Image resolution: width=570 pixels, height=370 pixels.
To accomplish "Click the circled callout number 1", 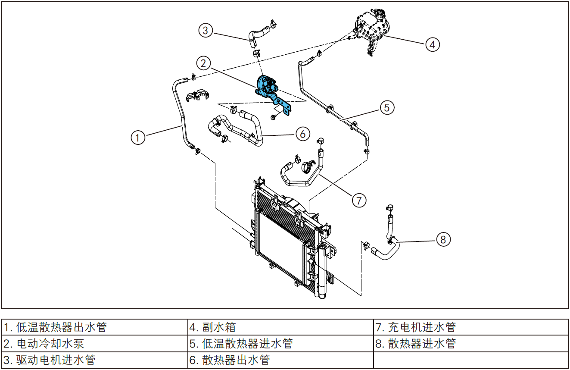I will pyautogui.click(x=138, y=138).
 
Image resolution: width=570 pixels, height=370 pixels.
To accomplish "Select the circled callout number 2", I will pyautogui.click(x=204, y=63).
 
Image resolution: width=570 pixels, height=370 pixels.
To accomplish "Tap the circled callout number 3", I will pyautogui.click(x=206, y=30).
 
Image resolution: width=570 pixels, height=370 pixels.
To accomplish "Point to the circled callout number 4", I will pyautogui.click(x=433, y=44).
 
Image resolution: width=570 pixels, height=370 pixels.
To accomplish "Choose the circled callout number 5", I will pyautogui.click(x=387, y=107).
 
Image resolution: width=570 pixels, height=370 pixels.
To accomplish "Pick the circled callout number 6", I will pyautogui.click(x=302, y=134).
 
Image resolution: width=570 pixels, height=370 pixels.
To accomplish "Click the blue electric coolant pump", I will pyautogui.click(x=267, y=85).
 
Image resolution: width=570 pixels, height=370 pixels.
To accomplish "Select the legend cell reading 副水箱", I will pyautogui.click(x=280, y=327).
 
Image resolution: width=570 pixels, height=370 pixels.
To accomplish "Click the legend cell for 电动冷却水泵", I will pyautogui.click(x=94, y=344).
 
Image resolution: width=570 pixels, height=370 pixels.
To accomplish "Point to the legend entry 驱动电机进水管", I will pyautogui.click(x=94, y=360).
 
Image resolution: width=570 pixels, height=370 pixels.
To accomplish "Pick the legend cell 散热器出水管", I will pyautogui.click(x=280, y=360).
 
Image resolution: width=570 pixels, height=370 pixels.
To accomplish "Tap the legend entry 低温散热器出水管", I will pyautogui.click(x=94, y=327).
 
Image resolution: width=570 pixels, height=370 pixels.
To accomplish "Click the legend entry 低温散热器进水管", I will pyautogui.click(x=280, y=344).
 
